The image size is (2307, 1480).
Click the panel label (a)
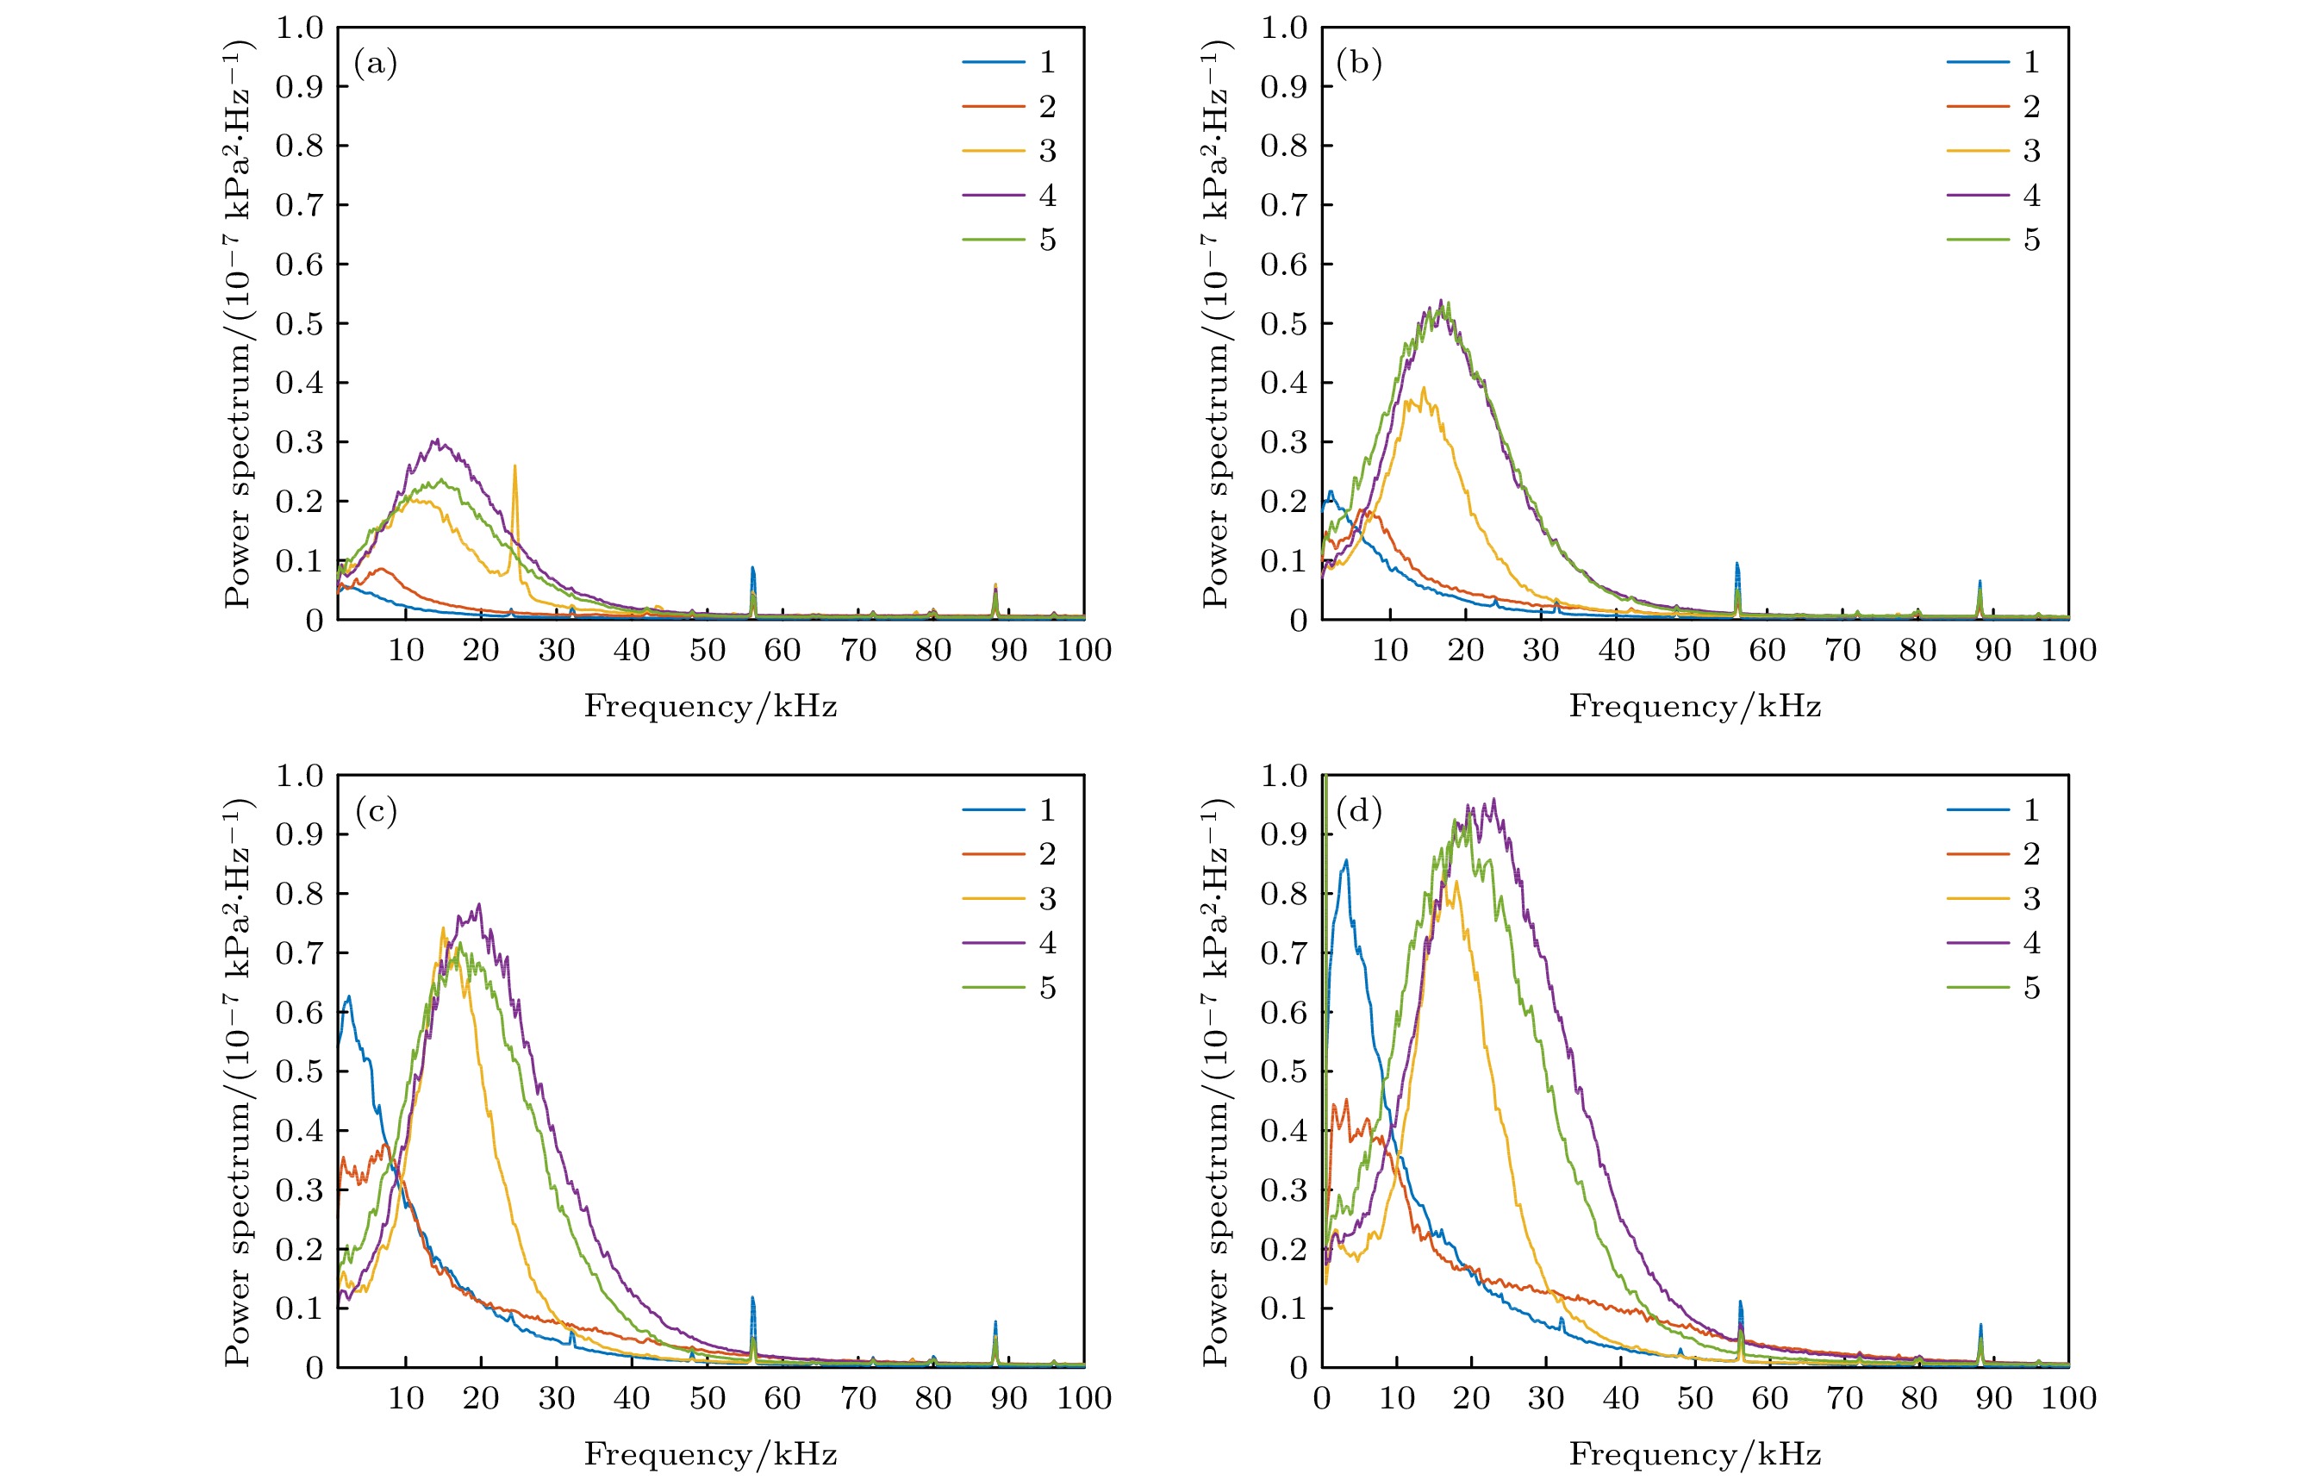[375, 65]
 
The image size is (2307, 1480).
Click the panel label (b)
[1359, 65]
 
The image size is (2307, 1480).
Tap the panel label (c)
[375, 812]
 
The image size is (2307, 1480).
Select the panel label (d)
[1359, 812]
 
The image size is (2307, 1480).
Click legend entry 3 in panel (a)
[1047, 151]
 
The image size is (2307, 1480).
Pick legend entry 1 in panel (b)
[2031, 62]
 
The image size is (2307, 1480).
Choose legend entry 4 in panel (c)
[1047, 943]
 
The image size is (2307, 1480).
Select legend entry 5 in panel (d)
[2031, 987]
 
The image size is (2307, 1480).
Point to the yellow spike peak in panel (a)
[515, 467]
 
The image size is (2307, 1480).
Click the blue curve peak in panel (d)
[1346, 860]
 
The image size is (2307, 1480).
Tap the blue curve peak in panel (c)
[349, 996]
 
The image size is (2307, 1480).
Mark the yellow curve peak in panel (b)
[1423, 388]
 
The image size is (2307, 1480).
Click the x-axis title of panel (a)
[710, 706]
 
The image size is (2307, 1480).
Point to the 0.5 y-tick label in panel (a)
[299, 324]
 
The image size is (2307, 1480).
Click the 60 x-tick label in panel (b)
[1767, 651]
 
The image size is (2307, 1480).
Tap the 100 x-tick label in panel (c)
[1084, 1398]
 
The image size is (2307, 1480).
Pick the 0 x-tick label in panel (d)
[1322, 1398]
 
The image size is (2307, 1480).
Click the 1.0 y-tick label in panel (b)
[1284, 28]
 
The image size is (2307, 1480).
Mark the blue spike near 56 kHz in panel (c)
[752, 1298]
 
